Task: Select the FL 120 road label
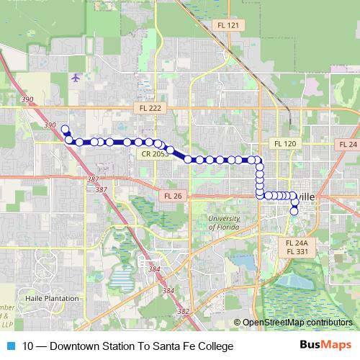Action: point(285,144)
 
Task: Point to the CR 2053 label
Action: point(156,153)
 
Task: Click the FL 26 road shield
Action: point(174,195)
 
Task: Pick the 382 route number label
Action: point(183,312)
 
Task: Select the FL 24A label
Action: point(297,243)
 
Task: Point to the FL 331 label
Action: point(297,251)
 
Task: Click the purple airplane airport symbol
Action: point(76,77)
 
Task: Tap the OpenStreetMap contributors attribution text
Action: point(297,323)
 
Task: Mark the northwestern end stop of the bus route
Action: point(65,130)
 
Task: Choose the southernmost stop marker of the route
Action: point(294,211)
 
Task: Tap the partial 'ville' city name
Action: point(306,196)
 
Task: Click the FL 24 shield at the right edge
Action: point(348,144)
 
